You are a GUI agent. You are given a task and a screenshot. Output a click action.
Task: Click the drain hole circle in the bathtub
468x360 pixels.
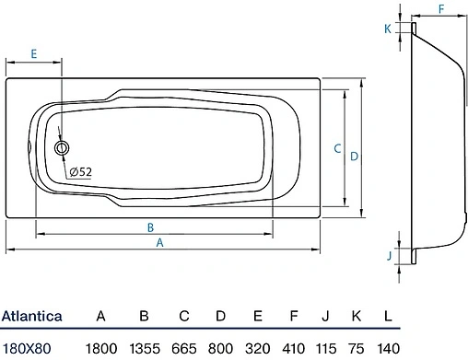pos(62,148)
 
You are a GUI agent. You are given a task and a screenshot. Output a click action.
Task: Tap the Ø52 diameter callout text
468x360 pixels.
pos(81,171)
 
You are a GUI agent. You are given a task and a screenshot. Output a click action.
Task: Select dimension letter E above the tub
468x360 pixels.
pos(34,54)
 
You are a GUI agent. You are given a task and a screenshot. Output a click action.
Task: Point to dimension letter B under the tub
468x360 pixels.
pos(150,227)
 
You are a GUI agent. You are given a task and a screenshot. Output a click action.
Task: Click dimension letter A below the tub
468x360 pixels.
pos(159,243)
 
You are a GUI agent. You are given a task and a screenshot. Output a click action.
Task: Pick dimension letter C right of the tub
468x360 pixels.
pos(337,148)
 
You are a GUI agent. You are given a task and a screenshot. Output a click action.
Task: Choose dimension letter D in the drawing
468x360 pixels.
pos(354,157)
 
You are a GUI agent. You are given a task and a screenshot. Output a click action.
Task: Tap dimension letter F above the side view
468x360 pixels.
pos(441,9)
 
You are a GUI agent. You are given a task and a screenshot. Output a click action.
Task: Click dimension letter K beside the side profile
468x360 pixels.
pos(388,29)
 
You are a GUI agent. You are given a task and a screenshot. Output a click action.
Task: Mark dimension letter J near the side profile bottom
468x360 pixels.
pos(390,255)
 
